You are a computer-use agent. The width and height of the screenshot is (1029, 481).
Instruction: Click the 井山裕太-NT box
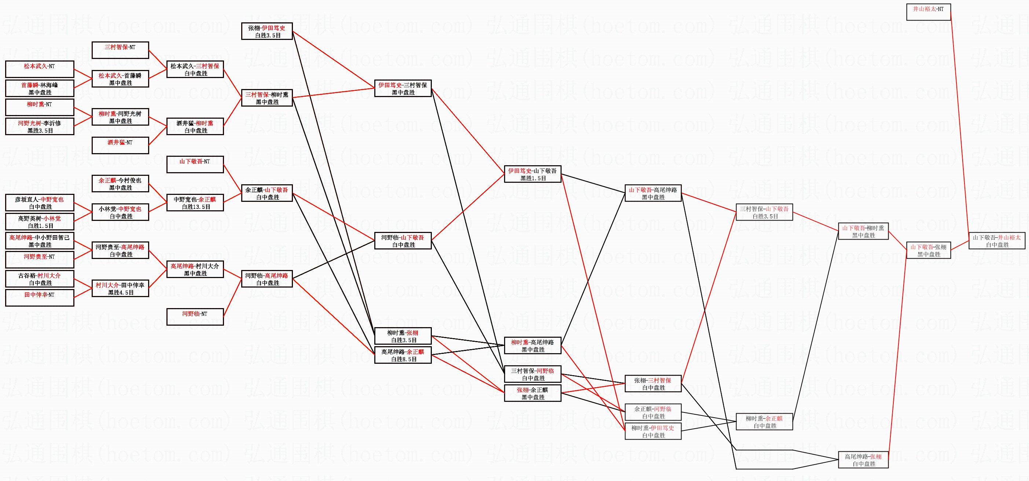tap(928, 12)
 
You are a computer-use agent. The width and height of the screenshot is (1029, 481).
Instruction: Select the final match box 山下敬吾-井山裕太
tap(997, 241)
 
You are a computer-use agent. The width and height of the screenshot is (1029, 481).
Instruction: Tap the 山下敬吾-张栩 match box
tap(928, 250)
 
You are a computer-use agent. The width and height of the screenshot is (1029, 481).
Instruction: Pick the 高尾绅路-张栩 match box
tap(863, 460)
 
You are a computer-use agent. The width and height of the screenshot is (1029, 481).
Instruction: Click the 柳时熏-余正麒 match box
tap(764, 422)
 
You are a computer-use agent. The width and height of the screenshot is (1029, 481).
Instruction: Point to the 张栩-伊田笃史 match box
tap(267, 31)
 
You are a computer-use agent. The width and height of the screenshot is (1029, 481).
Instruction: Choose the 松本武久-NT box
tap(40, 69)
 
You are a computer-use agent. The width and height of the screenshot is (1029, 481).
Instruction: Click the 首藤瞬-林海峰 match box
tap(40, 88)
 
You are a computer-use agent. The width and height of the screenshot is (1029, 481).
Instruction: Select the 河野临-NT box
tap(195, 317)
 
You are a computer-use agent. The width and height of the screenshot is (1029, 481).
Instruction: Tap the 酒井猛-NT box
tap(120, 145)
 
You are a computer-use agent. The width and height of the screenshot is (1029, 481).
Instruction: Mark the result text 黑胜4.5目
tap(121, 293)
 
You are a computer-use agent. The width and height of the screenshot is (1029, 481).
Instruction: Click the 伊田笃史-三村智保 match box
tap(403, 88)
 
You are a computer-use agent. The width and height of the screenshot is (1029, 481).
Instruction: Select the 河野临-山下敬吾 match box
tap(403, 241)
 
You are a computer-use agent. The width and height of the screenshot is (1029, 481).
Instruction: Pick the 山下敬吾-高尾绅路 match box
tap(653, 193)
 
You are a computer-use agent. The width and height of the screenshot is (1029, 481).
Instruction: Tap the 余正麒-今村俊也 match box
tap(120, 184)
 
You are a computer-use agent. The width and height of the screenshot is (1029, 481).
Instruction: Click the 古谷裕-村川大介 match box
tap(40, 279)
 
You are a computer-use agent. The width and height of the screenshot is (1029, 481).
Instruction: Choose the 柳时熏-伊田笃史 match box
tap(653, 431)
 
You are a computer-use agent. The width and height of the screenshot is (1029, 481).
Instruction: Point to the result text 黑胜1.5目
tap(533, 178)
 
